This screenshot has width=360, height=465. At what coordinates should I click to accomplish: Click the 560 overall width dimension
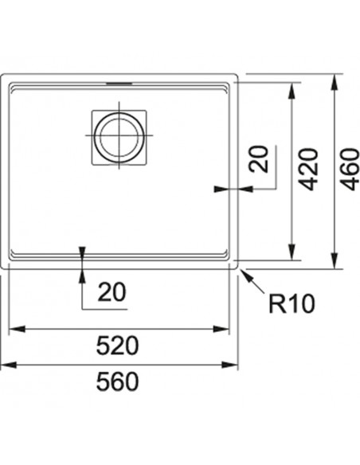(x=117, y=381)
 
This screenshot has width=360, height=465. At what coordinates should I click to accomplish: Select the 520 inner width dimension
(x=117, y=346)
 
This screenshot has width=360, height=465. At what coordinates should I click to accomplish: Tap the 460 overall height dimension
(x=350, y=170)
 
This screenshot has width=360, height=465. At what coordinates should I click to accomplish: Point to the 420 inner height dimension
(x=308, y=170)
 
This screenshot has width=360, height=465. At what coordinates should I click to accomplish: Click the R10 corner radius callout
(x=292, y=303)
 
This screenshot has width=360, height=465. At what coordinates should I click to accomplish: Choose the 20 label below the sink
(x=112, y=292)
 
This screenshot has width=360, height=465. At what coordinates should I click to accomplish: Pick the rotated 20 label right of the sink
(x=259, y=158)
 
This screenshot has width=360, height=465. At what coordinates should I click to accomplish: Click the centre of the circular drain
(x=119, y=137)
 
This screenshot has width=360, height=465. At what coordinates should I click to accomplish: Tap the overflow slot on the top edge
(x=119, y=84)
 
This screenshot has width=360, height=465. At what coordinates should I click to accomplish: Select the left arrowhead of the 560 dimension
(x=8, y=365)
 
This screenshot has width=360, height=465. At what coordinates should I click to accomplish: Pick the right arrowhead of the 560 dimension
(x=230, y=365)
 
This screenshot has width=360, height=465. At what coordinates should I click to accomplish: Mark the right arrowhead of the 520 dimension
(x=221, y=329)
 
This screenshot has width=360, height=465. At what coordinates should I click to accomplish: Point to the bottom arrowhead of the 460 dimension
(x=335, y=261)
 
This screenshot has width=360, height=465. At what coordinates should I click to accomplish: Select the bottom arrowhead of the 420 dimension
(x=292, y=252)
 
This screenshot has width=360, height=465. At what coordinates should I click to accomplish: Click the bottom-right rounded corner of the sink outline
(x=237, y=268)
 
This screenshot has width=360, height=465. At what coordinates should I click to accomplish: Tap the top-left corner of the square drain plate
(x=92, y=111)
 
